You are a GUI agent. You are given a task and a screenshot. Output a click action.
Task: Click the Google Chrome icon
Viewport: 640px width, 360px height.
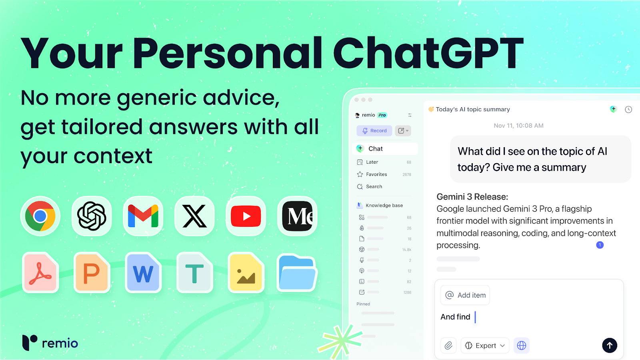click(40, 216)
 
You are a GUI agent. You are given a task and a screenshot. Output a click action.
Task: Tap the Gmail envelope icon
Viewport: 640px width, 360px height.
click(143, 216)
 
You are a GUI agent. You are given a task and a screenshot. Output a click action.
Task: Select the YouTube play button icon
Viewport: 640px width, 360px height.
click(246, 216)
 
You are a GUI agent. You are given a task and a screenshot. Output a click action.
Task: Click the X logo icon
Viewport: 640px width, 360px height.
click(194, 216)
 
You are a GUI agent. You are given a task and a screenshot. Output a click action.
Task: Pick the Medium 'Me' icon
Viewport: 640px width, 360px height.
click(298, 216)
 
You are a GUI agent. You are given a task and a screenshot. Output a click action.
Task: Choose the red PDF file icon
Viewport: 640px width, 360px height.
click(40, 272)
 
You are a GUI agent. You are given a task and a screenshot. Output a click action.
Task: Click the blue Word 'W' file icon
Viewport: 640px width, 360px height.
click(143, 272)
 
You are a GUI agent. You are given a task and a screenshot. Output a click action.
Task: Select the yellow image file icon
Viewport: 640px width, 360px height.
click(246, 272)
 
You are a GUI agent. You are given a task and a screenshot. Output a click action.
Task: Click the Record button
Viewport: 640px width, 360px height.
click(374, 130)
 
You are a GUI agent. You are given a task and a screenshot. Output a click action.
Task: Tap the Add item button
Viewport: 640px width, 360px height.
click(465, 295)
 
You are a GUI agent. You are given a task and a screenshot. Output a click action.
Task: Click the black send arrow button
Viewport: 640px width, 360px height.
click(610, 346)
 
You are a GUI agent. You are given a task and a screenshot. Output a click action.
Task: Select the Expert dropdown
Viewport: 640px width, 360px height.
click(485, 346)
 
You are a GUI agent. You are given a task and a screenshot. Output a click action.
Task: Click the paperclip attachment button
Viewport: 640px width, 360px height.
click(448, 346)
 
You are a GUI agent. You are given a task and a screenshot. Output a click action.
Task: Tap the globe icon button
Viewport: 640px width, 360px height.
click(522, 346)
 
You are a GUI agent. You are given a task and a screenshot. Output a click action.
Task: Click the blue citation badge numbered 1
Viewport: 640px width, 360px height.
click(600, 245)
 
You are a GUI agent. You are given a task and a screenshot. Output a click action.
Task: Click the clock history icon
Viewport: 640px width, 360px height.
click(628, 110)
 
